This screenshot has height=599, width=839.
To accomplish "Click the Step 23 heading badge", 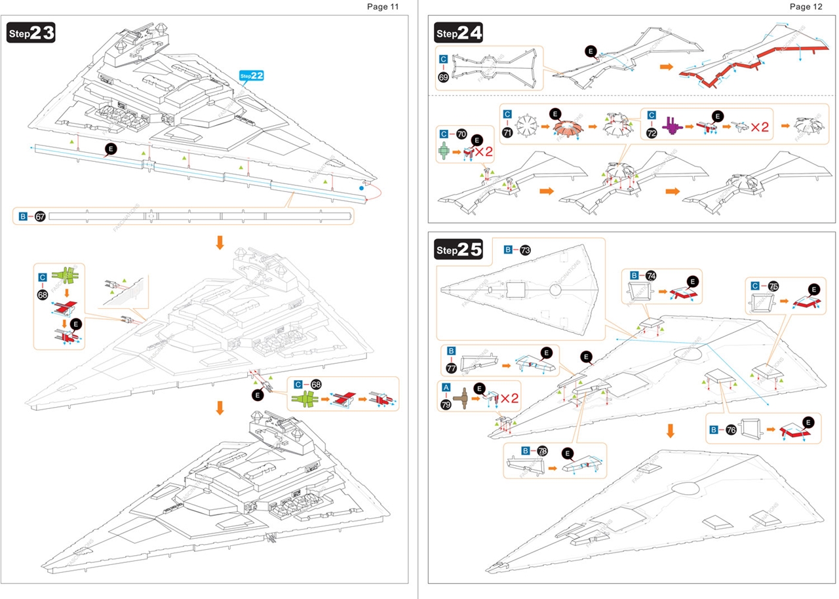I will click(x=31, y=33).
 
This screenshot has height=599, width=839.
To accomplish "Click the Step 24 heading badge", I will click(x=459, y=32).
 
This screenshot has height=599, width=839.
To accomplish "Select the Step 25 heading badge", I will click(x=459, y=249).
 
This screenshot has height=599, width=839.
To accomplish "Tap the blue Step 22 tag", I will click(x=252, y=76).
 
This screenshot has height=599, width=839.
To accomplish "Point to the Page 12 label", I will click(x=806, y=7).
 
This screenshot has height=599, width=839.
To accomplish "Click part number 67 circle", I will click(x=40, y=216).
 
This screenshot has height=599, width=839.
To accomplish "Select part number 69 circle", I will click(x=444, y=77).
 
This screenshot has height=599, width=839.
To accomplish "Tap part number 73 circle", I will click(x=525, y=250).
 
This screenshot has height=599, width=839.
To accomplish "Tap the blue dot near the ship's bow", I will click(x=361, y=189).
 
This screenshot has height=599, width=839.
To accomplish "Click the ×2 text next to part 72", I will click(x=760, y=126).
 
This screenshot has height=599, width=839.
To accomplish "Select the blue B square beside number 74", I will click(x=634, y=275).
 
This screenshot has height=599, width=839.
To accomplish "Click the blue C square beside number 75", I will click(x=756, y=286).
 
